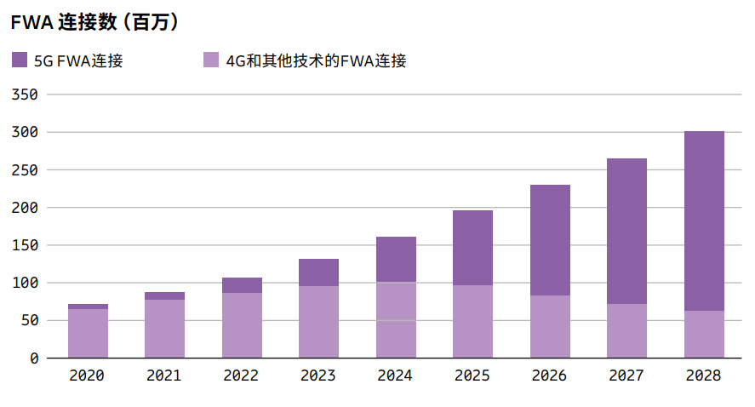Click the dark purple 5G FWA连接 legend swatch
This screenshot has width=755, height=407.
20,60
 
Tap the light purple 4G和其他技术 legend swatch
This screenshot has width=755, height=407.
212,60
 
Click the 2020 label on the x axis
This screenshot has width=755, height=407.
88,375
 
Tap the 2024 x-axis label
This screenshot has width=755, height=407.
396,375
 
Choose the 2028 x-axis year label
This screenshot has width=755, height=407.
704,375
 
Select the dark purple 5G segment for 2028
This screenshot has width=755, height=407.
704,221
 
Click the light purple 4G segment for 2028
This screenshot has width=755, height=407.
704,334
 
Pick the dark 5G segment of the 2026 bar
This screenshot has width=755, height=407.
550,240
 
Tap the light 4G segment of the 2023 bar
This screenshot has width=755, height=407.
318,322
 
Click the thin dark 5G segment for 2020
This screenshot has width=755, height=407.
88,307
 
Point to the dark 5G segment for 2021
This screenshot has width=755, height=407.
164,295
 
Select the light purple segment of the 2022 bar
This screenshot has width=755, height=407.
242,325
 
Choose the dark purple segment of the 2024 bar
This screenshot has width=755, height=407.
396,259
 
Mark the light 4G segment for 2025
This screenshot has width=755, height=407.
472,321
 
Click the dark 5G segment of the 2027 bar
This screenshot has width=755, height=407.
626,231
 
